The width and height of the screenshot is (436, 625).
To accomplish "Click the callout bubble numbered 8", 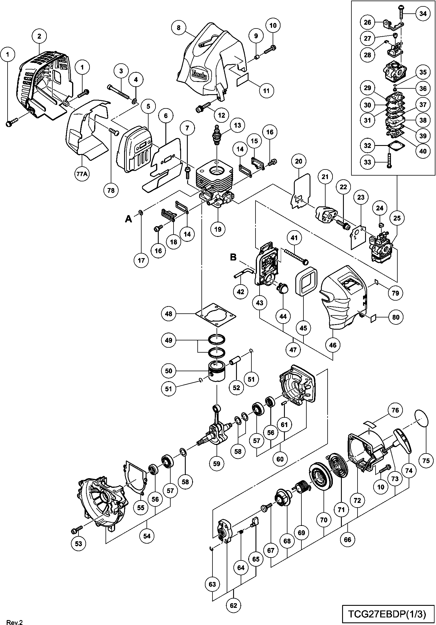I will pos(178,28).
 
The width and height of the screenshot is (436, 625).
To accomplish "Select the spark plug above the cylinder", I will pos(217,135).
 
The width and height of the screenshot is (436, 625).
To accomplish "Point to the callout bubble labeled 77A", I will pos(82,174).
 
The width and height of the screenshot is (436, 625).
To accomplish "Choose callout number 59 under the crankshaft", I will pos(217,463).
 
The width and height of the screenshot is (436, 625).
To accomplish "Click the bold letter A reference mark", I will pos(128,219).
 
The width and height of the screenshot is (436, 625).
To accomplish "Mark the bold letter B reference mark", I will pos(233,257).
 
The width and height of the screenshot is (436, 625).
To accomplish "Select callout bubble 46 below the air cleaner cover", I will pos(333,345).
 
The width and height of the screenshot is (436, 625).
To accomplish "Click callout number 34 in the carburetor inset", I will pos(423,14).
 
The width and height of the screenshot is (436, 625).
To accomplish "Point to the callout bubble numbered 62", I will pos(233,606).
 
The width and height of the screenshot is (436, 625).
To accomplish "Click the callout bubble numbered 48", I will pos(169,314).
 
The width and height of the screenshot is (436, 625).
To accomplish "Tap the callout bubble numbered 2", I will pos(39,36).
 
